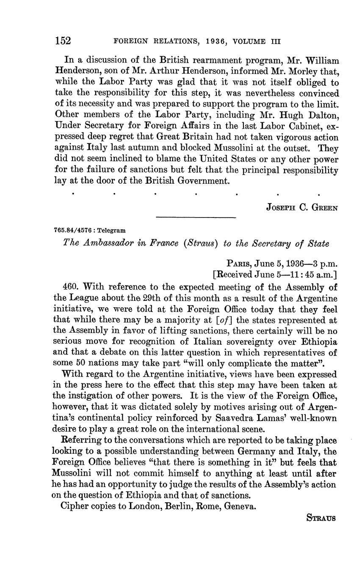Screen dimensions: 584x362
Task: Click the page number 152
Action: (63, 41)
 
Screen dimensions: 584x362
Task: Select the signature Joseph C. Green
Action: (302, 207)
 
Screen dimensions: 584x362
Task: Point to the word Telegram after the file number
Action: (111, 231)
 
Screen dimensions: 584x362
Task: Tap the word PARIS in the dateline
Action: (240, 264)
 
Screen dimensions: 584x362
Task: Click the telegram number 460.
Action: (70, 287)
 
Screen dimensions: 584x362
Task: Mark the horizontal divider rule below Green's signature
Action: (196, 218)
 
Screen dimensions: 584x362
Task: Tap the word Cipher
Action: (77, 506)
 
